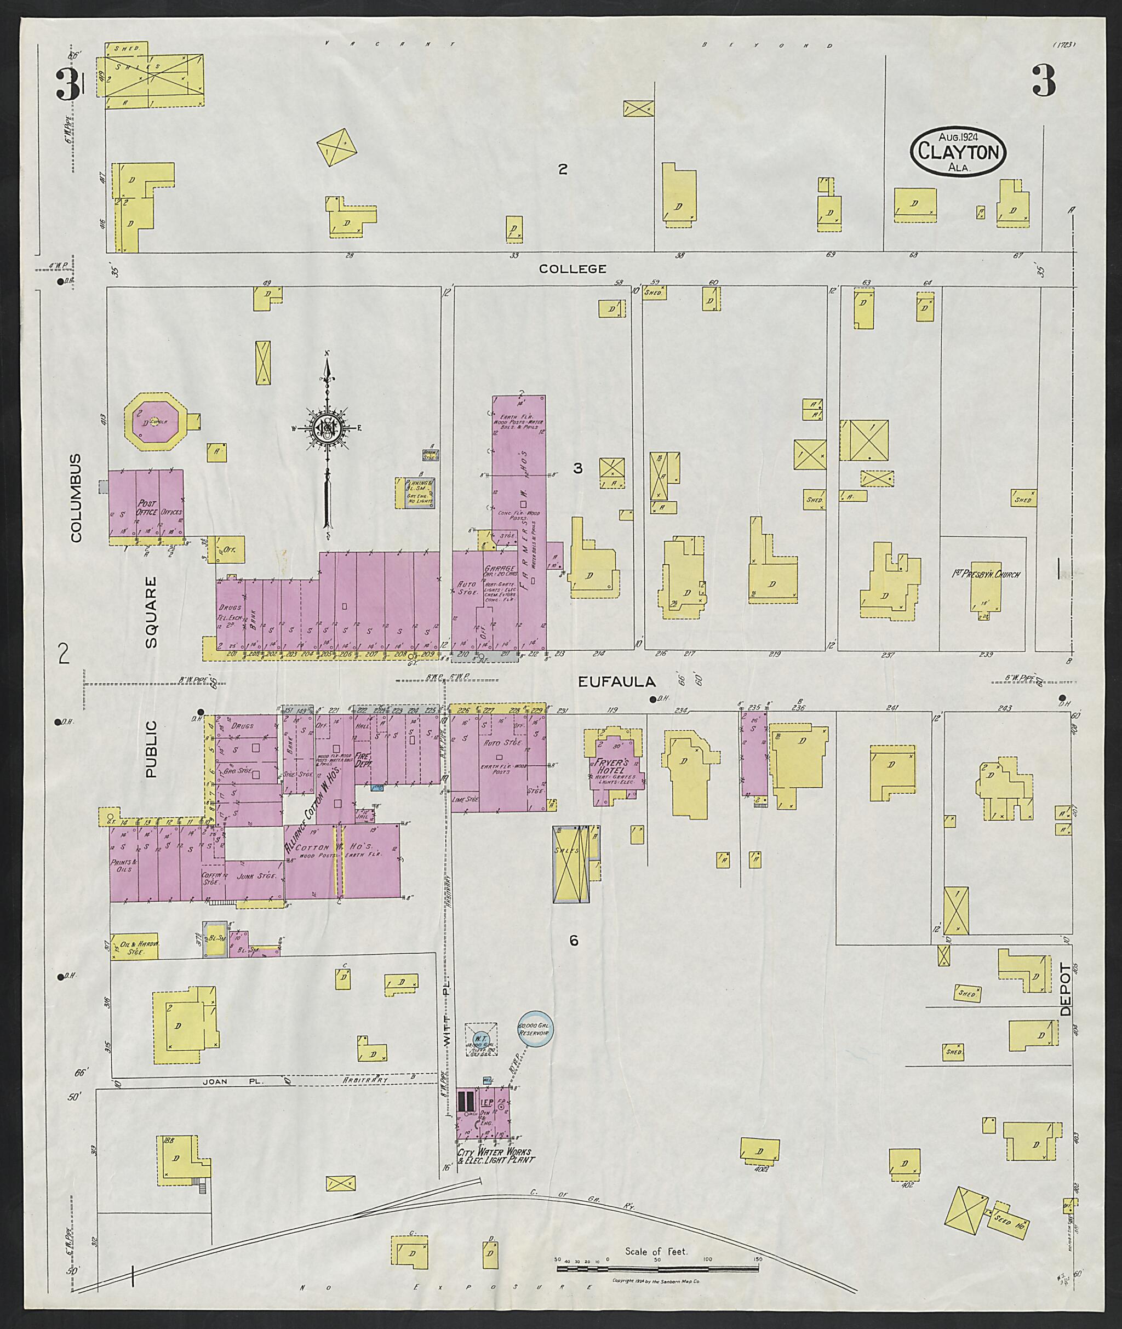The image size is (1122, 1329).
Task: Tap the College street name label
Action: click(x=572, y=269)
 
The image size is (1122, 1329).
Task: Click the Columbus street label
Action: click(x=76, y=498)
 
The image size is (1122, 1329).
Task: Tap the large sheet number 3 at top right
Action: click(x=1044, y=82)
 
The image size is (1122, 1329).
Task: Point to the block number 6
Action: click(x=573, y=941)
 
